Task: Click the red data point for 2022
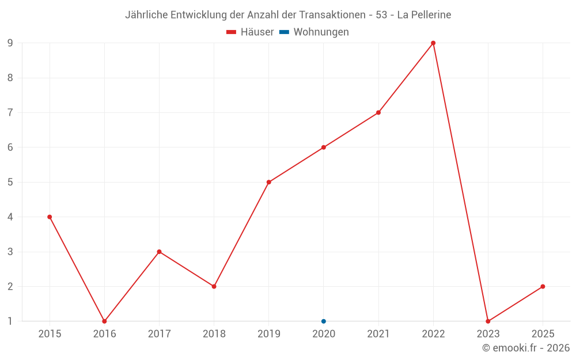coord(433,43)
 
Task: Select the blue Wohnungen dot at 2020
coord(324,321)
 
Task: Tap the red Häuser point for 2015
coord(50,217)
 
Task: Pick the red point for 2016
coord(104,321)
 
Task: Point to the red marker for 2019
coord(269,182)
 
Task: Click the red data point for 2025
coord(543,286)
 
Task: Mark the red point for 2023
coord(488,321)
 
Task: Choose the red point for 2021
coord(378,113)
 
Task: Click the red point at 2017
coord(159,252)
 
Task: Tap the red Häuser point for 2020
coord(324,147)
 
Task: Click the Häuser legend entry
coord(250,32)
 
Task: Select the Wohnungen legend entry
coord(314,32)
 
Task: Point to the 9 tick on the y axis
coord(10,43)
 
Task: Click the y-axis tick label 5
coord(10,182)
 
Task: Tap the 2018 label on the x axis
coord(214,334)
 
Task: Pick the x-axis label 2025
coord(543,334)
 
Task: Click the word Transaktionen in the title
coord(332,15)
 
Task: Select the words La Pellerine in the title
coord(424,15)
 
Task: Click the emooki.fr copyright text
coord(526,347)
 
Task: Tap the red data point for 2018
coord(214,286)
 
